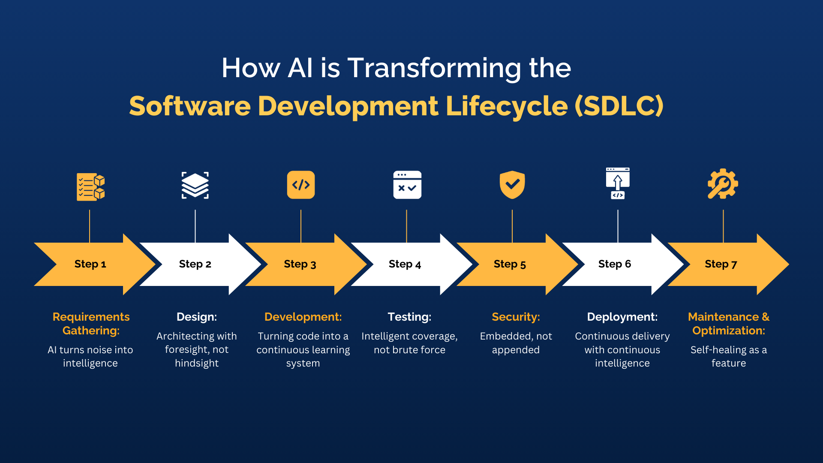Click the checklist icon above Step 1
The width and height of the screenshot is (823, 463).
click(x=90, y=187)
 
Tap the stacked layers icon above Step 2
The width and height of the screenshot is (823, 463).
click(x=195, y=185)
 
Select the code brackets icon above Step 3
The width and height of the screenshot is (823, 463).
click(x=301, y=185)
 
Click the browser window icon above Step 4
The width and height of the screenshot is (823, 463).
click(x=407, y=185)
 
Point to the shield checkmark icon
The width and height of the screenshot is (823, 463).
click(x=512, y=185)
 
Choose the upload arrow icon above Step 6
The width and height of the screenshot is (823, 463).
click(x=618, y=183)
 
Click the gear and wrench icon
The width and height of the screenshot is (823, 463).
click(x=723, y=184)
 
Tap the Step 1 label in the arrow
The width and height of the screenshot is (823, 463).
click(x=90, y=264)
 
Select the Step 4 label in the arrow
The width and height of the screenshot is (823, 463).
click(x=405, y=264)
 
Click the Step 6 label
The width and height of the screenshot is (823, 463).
click(x=615, y=264)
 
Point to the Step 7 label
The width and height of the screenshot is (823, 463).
click(x=721, y=264)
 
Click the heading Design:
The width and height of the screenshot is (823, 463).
click(x=197, y=317)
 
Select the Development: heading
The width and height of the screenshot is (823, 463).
click(x=303, y=317)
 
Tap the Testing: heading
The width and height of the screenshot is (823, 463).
click(x=409, y=317)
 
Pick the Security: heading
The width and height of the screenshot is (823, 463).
click(x=516, y=317)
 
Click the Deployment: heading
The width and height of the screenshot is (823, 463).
click(x=622, y=317)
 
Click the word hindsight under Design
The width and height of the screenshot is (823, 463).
click(x=197, y=363)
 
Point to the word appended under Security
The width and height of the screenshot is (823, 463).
click(x=516, y=350)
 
